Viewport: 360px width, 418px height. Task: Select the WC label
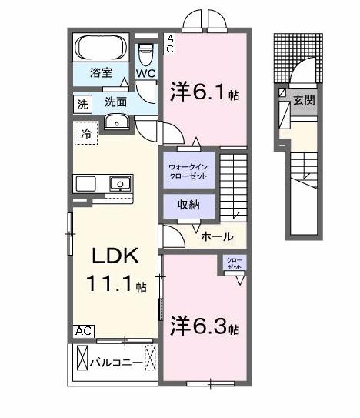click(145, 73)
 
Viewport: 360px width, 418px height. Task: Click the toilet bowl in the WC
click(145, 53)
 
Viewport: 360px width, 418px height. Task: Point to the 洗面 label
click(115, 102)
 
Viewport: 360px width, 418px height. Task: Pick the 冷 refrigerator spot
click(85, 133)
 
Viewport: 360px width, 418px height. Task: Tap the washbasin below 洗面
click(118, 121)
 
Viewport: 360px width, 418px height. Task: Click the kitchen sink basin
click(119, 183)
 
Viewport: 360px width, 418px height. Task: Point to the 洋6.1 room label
click(202, 93)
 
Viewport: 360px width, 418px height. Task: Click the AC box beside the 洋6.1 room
click(171, 44)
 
